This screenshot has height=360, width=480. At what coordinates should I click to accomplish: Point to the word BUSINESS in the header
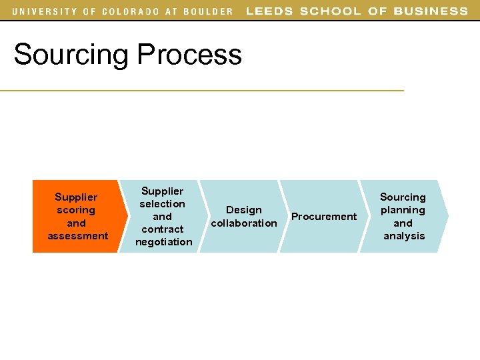click(431, 11)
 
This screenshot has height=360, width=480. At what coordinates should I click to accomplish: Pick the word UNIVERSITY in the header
click(43, 11)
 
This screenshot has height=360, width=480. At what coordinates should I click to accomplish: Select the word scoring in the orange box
click(76, 210)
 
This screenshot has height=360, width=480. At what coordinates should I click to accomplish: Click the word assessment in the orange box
click(77, 236)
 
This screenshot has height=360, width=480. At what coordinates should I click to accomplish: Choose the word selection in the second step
click(162, 204)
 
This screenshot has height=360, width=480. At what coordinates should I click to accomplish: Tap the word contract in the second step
click(162, 229)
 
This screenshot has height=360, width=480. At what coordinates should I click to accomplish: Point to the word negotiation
click(163, 242)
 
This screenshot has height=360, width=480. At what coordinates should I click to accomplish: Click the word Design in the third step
click(244, 210)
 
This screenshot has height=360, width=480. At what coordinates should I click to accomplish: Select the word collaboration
click(244, 223)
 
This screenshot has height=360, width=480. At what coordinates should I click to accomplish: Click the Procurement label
click(324, 217)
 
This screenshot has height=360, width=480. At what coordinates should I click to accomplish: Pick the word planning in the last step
click(403, 210)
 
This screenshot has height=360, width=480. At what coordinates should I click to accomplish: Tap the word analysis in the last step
click(404, 236)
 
